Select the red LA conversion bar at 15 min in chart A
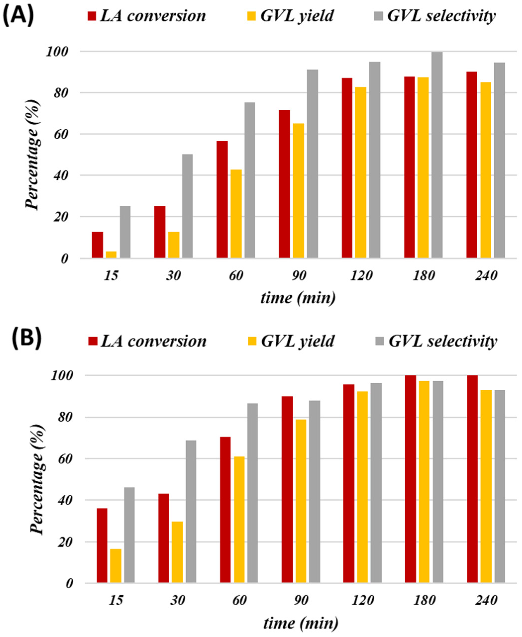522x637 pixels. click(x=97, y=245)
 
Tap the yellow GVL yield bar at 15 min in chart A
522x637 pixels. click(x=111, y=254)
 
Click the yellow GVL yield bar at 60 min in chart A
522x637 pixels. click(x=236, y=214)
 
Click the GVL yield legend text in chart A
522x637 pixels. click(x=297, y=16)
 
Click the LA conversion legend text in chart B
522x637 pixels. click(x=154, y=341)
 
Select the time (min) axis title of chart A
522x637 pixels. click(x=298, y=298)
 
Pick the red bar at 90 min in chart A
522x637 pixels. click(x=284, y=184)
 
